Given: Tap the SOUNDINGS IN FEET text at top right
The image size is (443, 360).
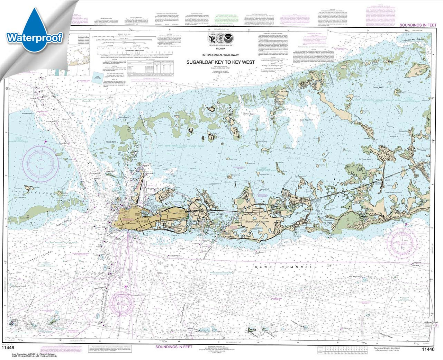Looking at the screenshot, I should [x=418, y=25].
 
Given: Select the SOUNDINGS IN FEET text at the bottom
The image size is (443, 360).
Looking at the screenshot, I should [x=173, y=347].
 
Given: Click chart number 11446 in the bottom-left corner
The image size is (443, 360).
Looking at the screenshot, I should [x=8, y=349].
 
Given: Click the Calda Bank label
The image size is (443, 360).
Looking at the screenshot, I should [x=111, y=142].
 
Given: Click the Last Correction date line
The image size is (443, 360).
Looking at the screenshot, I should [x=31, y=355].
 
